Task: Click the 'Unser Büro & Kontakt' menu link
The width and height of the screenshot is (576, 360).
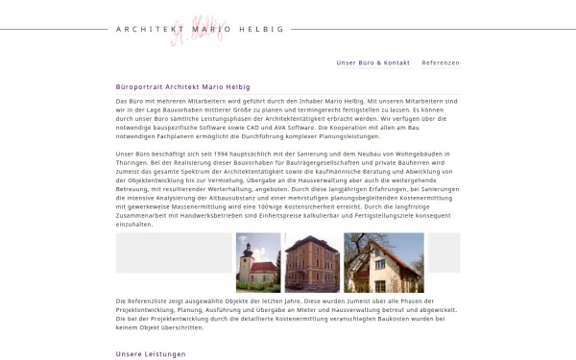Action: pos(372,62)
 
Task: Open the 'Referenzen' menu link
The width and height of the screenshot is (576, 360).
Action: pos(441,62)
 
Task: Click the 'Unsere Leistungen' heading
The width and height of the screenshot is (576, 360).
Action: pos(150,354)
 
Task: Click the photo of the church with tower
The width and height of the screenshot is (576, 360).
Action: pos(258,262)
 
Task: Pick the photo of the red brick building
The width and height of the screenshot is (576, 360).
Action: pos(312,262)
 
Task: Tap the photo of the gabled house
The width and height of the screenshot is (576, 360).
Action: pos(383,262)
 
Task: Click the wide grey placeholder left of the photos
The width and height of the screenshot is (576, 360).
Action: pos(173,252)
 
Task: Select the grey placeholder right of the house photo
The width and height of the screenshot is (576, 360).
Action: pos(444,252)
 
